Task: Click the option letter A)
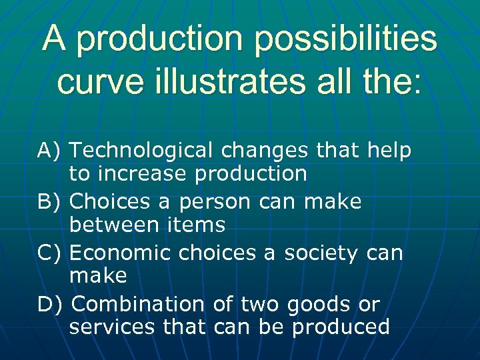click(50, 151)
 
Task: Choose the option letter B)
click(50, 201)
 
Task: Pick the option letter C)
click(50, 253)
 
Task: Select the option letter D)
click(51, 304)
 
